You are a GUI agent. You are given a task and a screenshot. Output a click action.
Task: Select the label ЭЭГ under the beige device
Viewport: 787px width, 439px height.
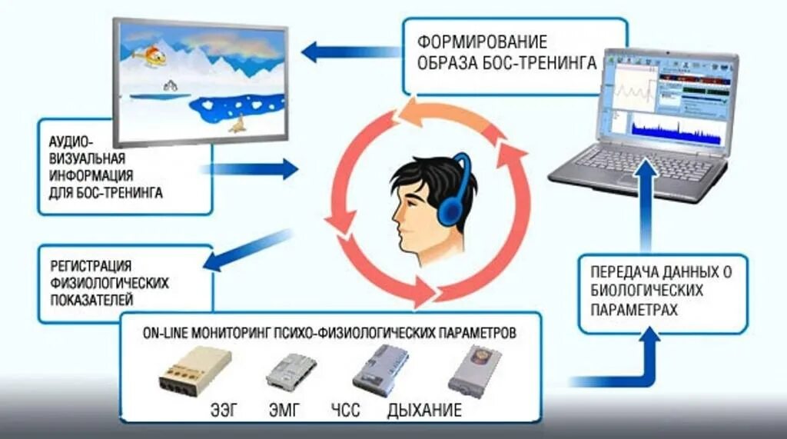(223, 408)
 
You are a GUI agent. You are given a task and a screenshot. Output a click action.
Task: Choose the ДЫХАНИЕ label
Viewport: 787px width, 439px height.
(425, 408)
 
